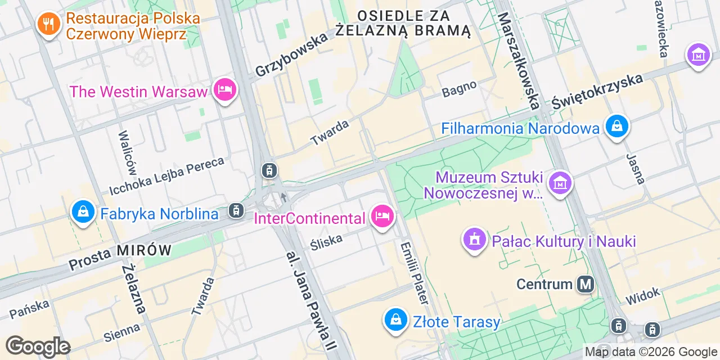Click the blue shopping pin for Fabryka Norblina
[x=83, y=212]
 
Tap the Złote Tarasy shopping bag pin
[x=395, y=320]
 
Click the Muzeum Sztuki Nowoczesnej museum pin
[x=560, y=183]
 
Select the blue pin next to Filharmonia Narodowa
[x=617, y=127]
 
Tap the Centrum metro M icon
[x=586, y=284]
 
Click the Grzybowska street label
[x=291, y=55]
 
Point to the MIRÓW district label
[x=145, y=250]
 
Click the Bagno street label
[x=459, y=89]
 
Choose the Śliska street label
[x=327, y=241]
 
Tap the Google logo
[x=38, y=347]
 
